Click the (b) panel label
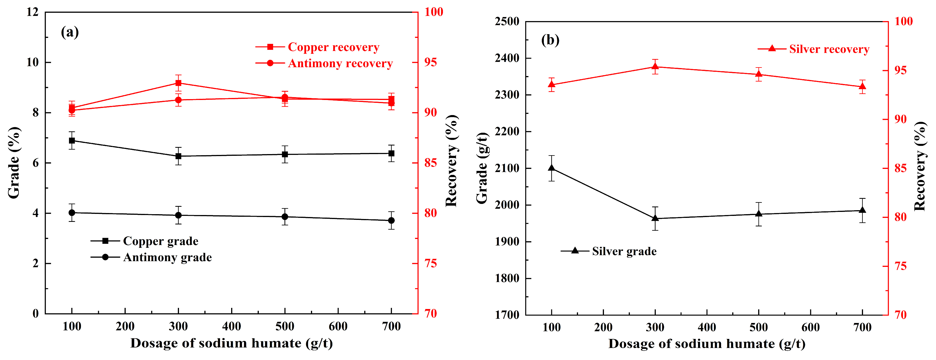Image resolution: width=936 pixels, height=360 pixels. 550,40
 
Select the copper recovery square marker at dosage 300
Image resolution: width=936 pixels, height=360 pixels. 178,83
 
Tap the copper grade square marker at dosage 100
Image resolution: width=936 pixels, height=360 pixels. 72,141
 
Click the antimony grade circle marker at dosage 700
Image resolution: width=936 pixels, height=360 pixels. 391,220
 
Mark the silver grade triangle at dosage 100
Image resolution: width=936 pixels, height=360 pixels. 552,168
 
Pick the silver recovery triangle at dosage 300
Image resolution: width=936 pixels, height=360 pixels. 655,66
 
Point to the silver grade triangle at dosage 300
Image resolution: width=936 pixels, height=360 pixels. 655,218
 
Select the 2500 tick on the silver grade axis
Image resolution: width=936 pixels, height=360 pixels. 507,21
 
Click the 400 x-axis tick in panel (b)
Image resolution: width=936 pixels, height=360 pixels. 707,327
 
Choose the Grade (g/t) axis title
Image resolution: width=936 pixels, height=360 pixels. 482,168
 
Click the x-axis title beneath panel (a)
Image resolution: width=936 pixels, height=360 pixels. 231,343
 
